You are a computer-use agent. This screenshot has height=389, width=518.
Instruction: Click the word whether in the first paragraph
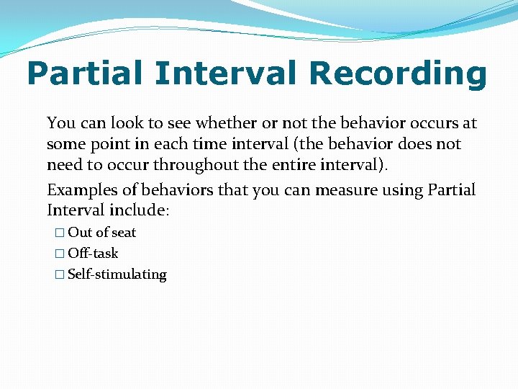pyautogui.click(x=223, y=123)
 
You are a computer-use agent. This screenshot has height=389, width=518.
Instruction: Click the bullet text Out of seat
pyautogui.click(x=101, y=233)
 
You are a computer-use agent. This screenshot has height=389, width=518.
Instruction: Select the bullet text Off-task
pyautogui.click(x=93, y=254)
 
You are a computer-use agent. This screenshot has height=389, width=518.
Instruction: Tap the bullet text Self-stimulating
pyautogui.click(x=117, y=274)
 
